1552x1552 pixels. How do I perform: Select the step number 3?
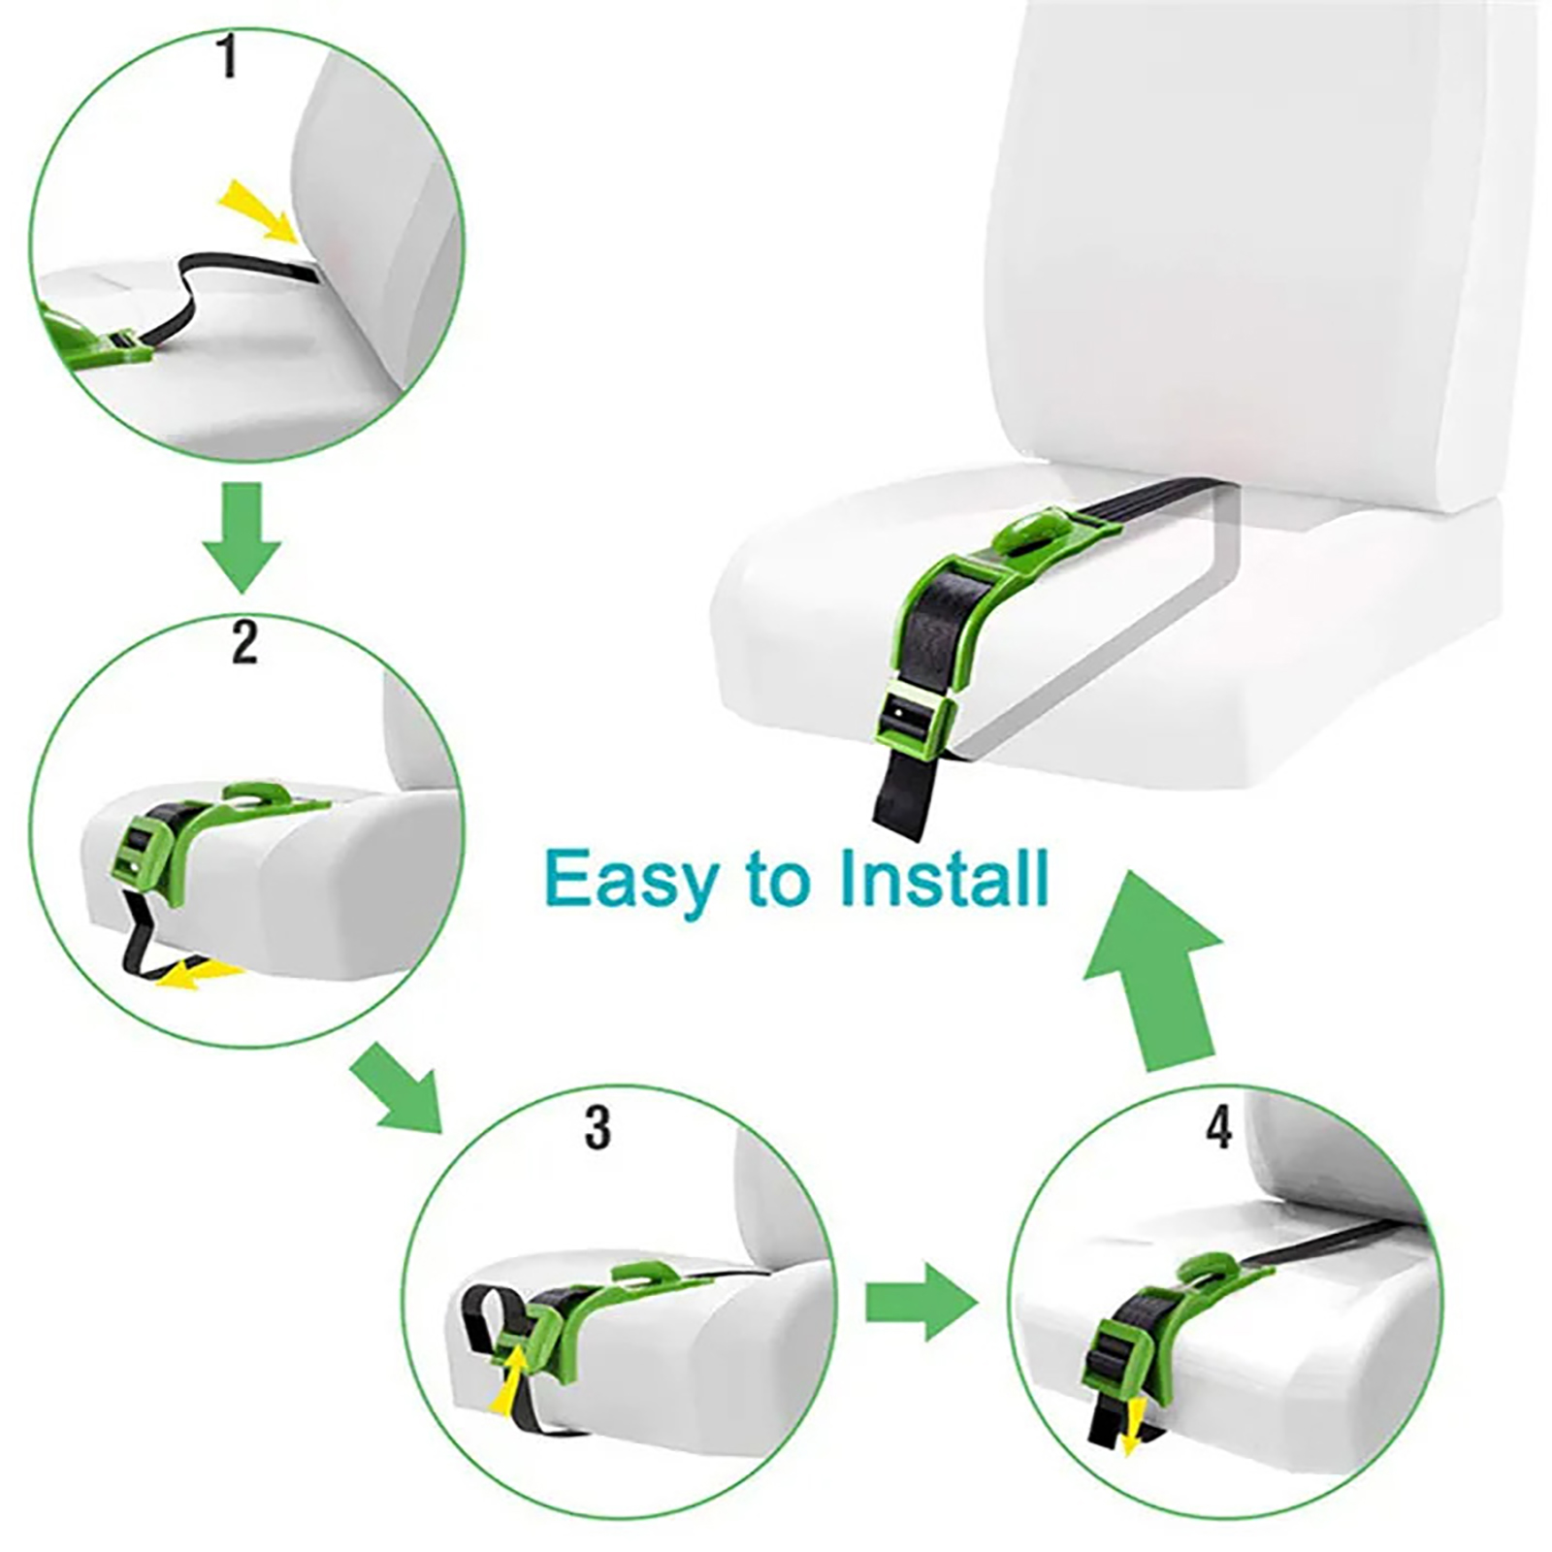click(x=598, y=1128)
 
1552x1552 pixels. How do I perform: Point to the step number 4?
click(x=1218, y=1127)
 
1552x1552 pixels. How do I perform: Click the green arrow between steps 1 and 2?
click(x=242, y=537)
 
